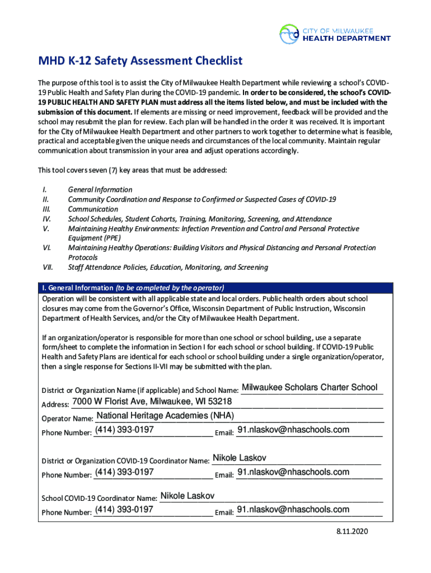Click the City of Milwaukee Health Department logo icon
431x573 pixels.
pyautogui.click(x=289, y=34)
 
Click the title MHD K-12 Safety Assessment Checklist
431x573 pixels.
pyautogui.click(x=140, y=60)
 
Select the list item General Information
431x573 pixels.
pyautogui.click(x=100, y=190)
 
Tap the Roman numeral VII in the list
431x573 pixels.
pyautogui.click(x=48, y=267)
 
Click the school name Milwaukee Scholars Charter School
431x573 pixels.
pyautogui.click(x=310, y=387)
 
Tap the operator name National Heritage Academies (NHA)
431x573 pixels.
pyautogui.click(x=165, y=416)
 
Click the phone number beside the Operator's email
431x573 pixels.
pyautogui.click(x=124, y=430)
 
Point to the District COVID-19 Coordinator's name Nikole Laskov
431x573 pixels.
pyautogui.click(x=239, y=458)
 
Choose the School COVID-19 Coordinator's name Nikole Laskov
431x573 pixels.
pyautogui.click(x=187, y=496)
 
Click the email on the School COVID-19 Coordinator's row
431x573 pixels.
pyautogui.click(x=293, y=509)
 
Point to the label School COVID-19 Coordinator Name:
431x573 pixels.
pyautogui.click(x=99, y=499)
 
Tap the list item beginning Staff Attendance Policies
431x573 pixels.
pyautogui.click(x=168, y=267)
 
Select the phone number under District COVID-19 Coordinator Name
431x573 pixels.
pyautogui.click(x=124, y=472)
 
